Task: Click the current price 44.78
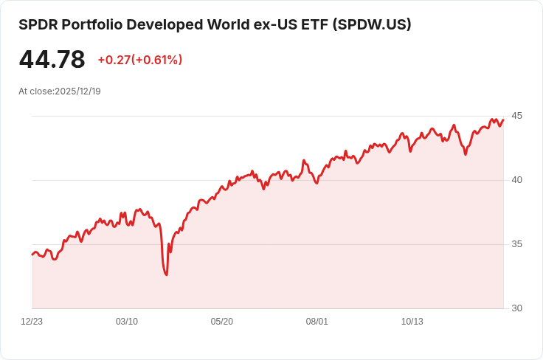click(52, 60)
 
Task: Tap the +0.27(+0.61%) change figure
click(139, 60)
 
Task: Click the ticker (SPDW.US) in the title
click(372, 24)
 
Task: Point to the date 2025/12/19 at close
click(77, 91)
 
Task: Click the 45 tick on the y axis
click(516, 116)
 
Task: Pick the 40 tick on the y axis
click(516, 180)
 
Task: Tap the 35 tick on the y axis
click(516, 244)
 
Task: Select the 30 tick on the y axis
click(516, 308)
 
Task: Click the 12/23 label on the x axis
click(32, 322)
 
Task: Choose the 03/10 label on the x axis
click(127, 322)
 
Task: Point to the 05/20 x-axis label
click(222, 322)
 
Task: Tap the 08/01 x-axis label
click(317, 322)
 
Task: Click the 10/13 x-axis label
click(412, 322)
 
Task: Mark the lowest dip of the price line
click(167, 274)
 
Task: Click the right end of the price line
click(503, 120)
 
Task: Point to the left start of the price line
click(32, 254)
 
